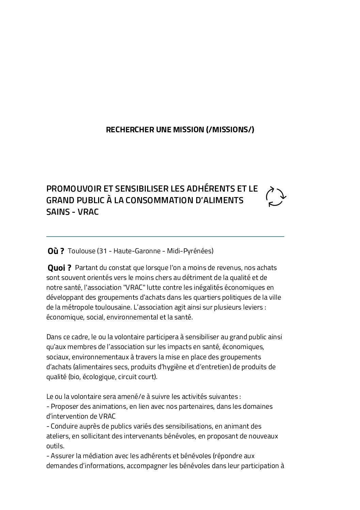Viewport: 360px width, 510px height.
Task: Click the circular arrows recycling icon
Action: [x=276, y=197]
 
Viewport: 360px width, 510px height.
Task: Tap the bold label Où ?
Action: [x=56, y=251]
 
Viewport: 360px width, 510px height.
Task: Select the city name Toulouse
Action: [x=81, y=251]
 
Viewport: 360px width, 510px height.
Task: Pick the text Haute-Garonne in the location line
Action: [x=135, y=251]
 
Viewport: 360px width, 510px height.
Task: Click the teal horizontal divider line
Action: [x=165, y=236]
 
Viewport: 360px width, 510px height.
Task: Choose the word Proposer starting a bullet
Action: [x=64, y=406]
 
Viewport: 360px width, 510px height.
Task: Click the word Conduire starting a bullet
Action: [x=63, y=426]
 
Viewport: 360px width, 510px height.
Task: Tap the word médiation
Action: [x=93, y=456]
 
